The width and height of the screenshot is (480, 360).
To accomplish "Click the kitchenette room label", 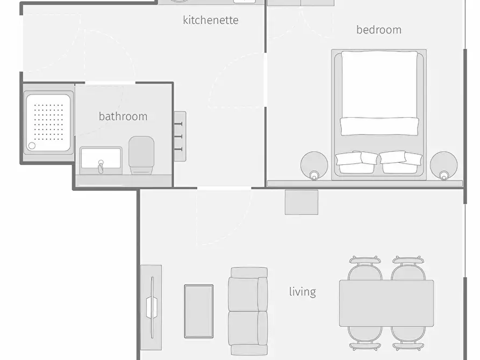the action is tap(211, 20).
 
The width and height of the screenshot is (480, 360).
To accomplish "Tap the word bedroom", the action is tap(379, 30).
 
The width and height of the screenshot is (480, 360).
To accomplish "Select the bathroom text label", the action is tap(123, 116).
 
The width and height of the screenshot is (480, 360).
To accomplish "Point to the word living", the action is tap(303, 292).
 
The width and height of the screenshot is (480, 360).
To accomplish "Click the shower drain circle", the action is tap(32, 146).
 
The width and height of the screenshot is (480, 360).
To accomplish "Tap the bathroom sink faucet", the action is tap(101, 167).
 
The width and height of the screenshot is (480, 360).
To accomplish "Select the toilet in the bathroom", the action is tap(141, 155).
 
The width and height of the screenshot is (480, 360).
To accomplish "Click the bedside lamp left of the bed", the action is tap(314, 165).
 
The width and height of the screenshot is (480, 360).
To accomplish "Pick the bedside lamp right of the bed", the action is tap(444, 165).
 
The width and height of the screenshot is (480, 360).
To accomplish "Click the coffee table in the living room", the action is tap(199, 311).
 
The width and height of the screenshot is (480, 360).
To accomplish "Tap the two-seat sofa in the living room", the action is tap(248, 311).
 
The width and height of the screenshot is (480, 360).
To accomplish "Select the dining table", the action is tap(386, 303).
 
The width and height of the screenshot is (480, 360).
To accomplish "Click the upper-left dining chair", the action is tap(365, 269).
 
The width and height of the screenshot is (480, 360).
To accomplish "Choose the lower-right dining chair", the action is tap(408, 339).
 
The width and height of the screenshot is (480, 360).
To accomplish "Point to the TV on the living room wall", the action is tap(152, 307).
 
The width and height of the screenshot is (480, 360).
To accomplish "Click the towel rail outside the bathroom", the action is tap(180, 136).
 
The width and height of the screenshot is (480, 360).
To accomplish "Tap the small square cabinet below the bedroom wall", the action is tap(302, 202).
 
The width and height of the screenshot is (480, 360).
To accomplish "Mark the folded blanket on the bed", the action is tap(379, 126).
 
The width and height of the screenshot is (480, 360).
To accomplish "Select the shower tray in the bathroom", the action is tap(48, 123).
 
